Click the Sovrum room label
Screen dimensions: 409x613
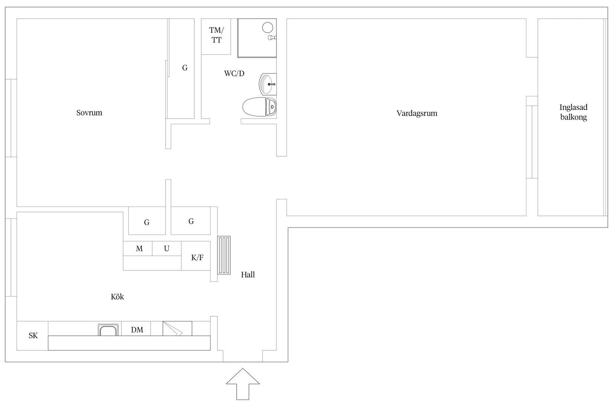pyautogui.click(x=89, y=113)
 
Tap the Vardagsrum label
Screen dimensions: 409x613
pyautogui.click(x=416, y=113)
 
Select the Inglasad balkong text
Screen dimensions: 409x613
pyautogui.click(x=573, y=112)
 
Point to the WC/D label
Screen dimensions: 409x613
pyautogui.click(x=234, y=74)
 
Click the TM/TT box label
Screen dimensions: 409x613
pyautogui.click(x=216, y=35)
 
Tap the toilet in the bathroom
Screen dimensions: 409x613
pyautogui.click(x=259, y=107)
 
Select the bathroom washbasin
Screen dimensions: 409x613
pyautogui.click(x=267, y=84)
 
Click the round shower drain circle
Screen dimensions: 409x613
pyautogui.click(x=267, y=27)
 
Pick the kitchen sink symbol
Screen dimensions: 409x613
pyautogui.click(x=108, y=330)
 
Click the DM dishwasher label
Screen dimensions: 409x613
pyautogui.click(x=137, y=330)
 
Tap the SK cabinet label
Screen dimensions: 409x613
pyautogui.click(x=33, y=336)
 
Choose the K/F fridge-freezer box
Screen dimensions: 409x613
pyautogui.click(x=197, y=257)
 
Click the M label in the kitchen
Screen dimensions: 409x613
pyautogui.click(x=139, y=249)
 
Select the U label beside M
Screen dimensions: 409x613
pyautogui.click(x=166, y=249)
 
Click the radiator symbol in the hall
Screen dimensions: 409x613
pyautogui.click(x=224, y=255)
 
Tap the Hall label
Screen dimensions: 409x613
pyautogui.click(x=248, y=275)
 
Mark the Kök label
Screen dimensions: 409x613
pyautogui.click(x=117, y=297)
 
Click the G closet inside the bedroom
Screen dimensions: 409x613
pyautogui.click(x=185, y=68)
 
